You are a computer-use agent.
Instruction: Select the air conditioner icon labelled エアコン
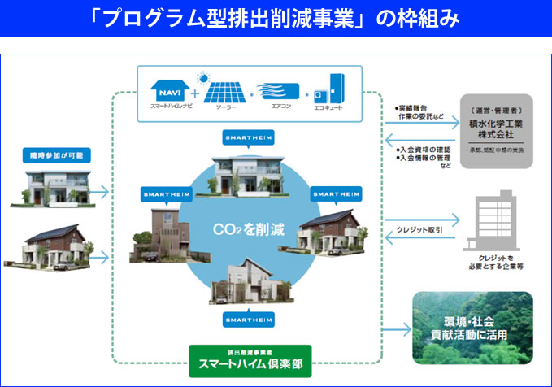coord(278,89)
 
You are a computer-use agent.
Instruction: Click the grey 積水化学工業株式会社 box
coord(495,131)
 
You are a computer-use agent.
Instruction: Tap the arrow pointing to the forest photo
coord(397,329)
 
